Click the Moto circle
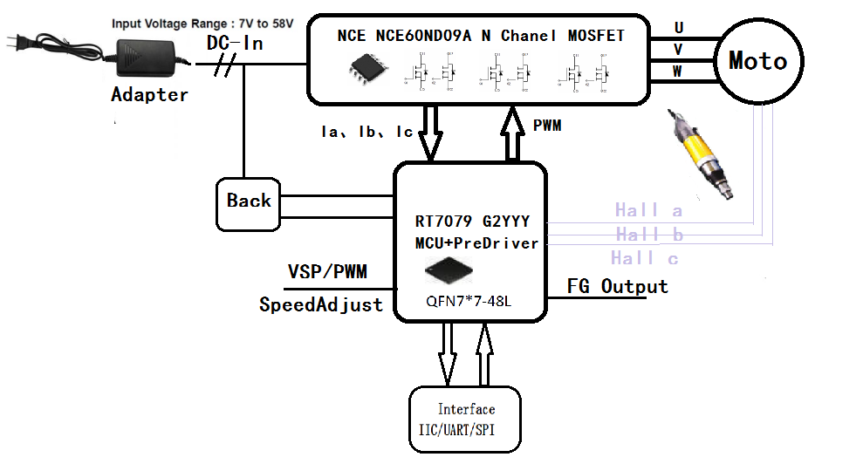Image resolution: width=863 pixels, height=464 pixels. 757,61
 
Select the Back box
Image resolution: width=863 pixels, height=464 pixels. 249,201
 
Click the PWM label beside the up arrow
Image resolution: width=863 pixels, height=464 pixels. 547,126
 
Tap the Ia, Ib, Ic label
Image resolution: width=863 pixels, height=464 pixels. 366,133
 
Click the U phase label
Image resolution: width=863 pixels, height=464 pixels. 678,28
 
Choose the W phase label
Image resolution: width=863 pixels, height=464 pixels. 678,72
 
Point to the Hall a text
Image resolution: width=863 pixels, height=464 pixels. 648,210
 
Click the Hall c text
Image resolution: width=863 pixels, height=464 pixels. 645,258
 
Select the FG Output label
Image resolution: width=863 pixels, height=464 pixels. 617,287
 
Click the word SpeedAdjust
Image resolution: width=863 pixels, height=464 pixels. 320,305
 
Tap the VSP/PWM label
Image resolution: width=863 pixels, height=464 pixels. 327,272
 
